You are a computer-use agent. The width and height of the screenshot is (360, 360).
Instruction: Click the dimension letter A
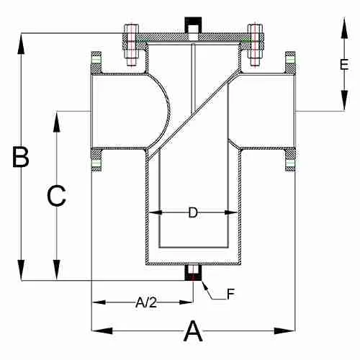pyautogui.click(x=193, y=331)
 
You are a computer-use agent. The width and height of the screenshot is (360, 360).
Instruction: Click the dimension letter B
pyautogui.click(x=21, y=157)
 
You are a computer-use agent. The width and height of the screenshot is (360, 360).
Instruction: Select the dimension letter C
pyautogui.click(x=56, y=196)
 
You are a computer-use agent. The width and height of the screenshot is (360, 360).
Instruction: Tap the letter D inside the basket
pyautogui.click(x=193, y=212)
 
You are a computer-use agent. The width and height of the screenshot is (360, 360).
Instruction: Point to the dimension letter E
pyautogui.click(x=344, y=64)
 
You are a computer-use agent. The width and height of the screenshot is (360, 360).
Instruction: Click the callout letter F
pyautogui.click(x=230, y=294)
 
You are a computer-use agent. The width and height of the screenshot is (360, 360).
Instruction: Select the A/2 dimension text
pyautogui.click(x=146, y=302)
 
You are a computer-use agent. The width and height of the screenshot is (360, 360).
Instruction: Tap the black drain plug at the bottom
pyautogui.click(x=193, y=273)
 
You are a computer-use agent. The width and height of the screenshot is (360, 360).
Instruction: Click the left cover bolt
pyautogui.click(x=131, y=45)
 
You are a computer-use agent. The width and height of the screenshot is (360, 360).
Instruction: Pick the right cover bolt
pyautogui.click(x=255, y=45)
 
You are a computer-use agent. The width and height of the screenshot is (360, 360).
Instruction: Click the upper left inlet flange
pyautogui.click(x=96, y=62)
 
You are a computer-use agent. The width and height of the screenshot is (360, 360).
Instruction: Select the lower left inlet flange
pyautogui.click(x=96, y=161)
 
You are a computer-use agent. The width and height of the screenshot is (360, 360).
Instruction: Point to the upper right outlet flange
pyautogui.click(x=290, y=62)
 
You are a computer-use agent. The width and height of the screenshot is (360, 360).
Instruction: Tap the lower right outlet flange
pyautogui.click(x=290, y=161)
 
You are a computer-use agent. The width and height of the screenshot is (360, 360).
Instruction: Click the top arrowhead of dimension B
pyautogui.click(x=21, y=42)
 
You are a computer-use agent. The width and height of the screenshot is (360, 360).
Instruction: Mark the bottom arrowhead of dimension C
pyautogui.click(x=57, y=270)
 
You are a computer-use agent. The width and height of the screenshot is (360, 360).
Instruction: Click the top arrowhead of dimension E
pyautogui.click(x=344, y=27)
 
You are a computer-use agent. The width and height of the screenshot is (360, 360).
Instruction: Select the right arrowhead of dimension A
pyautogui.click(x=285, y=331)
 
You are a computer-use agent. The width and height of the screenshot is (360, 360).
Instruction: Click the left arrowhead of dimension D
pyautogui.click(x=156, y=212)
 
